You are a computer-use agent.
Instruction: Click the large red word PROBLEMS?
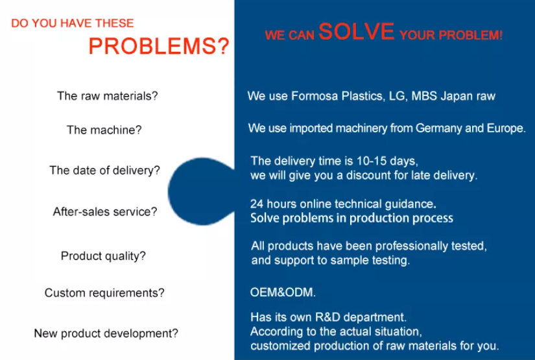click(159, 46)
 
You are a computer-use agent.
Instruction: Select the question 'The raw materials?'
click(108, 96)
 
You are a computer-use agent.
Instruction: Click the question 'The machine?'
click(104, 130)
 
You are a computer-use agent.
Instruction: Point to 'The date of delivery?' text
click(105, 170)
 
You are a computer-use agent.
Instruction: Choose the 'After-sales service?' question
click(105, 211)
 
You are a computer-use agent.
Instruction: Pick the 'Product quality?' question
click(103, 256)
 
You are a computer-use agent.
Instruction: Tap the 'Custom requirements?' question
click(104, 293)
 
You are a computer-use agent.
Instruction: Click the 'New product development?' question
click(106, 333)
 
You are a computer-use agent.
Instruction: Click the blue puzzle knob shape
click(198, 191)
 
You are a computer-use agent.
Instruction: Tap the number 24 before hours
click(257, 204)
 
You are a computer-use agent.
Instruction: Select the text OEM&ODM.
click(283, 293)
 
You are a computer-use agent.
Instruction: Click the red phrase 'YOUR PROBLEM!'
click(451, 35)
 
